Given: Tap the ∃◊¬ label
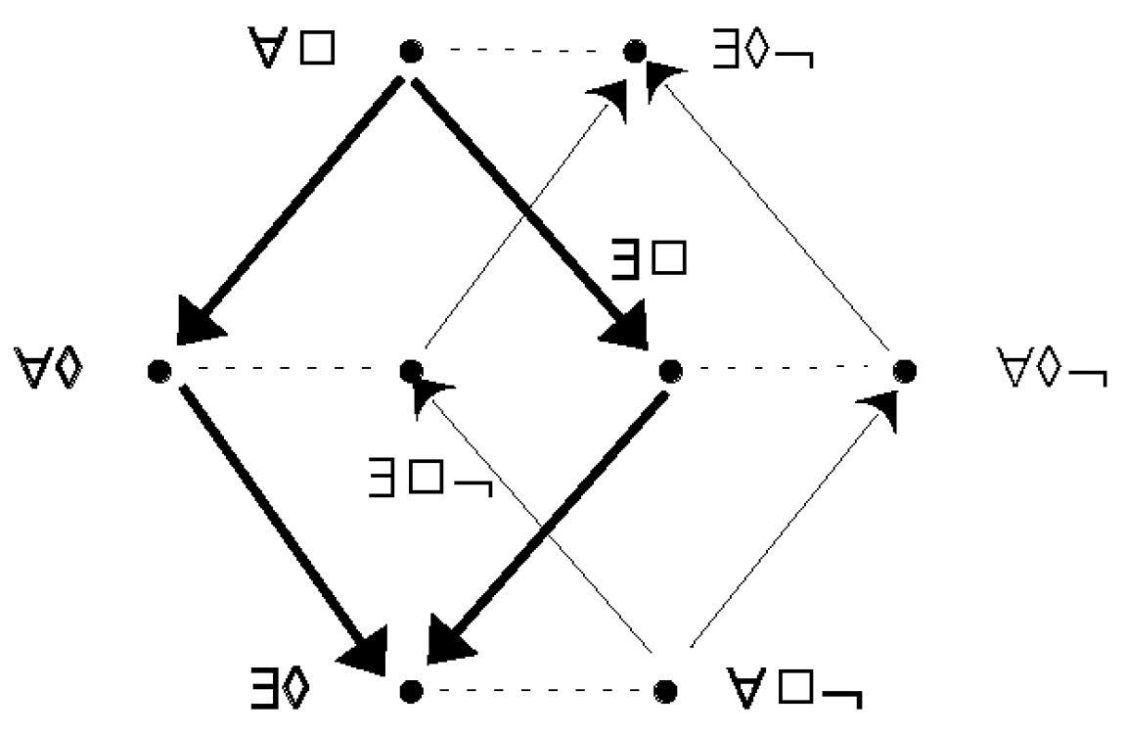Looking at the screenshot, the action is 763,49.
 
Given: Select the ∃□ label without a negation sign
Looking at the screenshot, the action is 649,258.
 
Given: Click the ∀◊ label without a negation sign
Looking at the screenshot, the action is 49,368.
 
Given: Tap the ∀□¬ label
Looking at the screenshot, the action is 793,687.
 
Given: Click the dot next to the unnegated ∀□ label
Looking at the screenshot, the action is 411,51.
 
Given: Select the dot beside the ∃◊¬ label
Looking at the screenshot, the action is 635,51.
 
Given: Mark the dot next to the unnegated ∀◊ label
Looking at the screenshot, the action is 159,370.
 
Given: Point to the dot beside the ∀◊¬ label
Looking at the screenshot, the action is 905,370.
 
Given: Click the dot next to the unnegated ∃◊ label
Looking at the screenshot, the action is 411,691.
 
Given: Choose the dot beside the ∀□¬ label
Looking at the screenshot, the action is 666,691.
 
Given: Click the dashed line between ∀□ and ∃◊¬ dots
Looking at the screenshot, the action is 523,51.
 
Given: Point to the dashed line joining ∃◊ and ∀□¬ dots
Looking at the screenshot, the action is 538,691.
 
